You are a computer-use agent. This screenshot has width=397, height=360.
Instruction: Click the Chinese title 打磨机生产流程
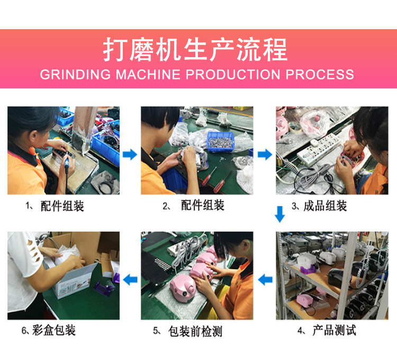(195, 50)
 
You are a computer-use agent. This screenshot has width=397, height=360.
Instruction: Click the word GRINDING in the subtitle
(74, 74)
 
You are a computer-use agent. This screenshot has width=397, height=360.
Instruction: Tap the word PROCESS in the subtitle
(320, 74)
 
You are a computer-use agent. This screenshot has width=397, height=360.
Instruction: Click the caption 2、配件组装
(194, 206)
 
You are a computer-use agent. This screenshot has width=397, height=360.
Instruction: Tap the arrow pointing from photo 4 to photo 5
(265, 279)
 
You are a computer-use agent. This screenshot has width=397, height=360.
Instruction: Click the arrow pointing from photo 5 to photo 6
(130, 279)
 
